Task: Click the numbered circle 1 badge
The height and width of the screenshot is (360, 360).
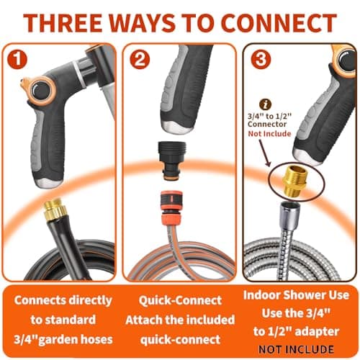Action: tap(17, 59)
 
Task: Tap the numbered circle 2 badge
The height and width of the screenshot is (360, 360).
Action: tap(140, 59)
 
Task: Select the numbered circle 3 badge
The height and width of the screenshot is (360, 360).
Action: tap(261, 59)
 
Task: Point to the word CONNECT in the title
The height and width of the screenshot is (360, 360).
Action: tap(279, 23)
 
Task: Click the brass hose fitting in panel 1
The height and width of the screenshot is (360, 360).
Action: tap(56, 210)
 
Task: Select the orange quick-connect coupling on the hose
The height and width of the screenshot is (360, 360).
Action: tap(171, 208)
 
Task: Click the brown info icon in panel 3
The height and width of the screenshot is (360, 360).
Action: tap(266, 104)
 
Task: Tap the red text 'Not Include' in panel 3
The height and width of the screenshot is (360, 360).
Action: tap(269, 133)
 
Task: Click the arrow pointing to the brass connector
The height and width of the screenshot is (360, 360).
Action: tap(265, 153)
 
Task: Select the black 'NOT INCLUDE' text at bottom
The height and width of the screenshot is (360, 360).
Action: tap(296, 349)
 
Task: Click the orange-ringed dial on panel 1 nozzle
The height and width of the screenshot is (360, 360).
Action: tap(40, 91)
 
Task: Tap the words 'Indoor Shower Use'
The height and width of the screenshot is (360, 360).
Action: tap(296, 294)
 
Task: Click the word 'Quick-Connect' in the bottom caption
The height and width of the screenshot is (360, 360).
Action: tap(180, 300)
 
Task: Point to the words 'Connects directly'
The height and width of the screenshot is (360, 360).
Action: tap(63, 300)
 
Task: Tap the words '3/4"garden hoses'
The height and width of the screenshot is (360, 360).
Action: tap(63, 339)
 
